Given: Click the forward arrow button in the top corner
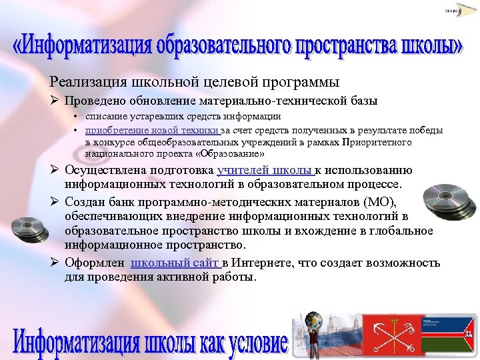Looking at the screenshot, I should [x=453, y=11].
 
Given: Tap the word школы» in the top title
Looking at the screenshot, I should [x=431, y=47].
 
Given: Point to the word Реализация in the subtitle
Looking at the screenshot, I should [x=83, y=82].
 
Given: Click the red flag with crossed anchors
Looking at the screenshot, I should [x=391, y=335].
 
